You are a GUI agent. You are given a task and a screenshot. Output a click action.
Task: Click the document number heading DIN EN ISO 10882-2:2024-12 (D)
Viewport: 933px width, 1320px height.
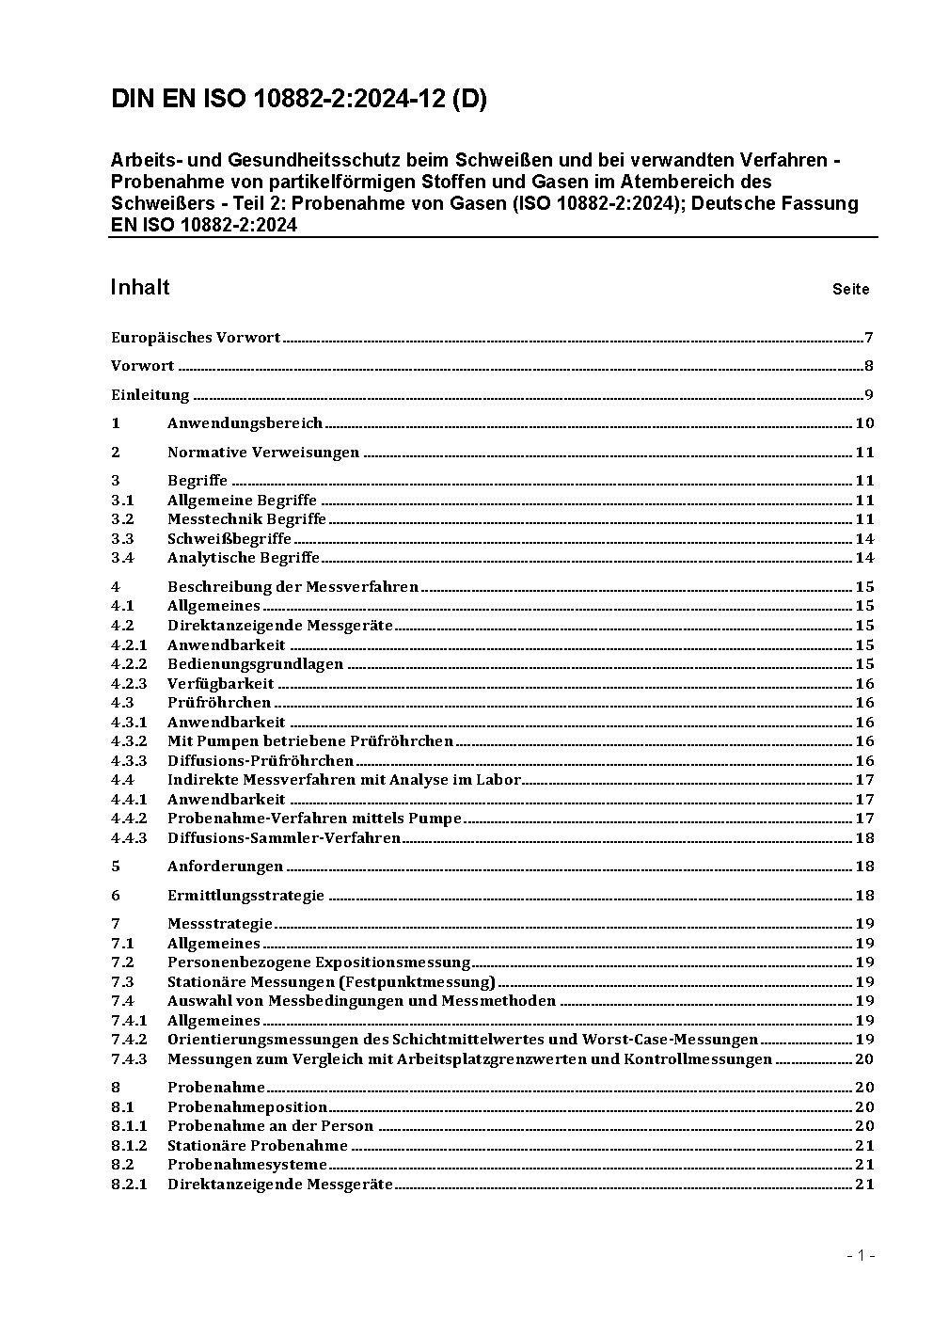pos(298,100)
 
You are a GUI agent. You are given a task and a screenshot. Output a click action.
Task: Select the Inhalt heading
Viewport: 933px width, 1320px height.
pos(140,287)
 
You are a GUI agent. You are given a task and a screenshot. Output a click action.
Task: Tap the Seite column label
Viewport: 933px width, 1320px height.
pos(850,290)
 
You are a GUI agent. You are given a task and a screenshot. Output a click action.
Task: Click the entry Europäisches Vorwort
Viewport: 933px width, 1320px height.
pos(196,338)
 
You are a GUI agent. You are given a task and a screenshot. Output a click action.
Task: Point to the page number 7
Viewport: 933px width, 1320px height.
pos(869,338)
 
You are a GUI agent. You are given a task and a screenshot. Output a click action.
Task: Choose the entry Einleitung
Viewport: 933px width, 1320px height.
pos(150,395)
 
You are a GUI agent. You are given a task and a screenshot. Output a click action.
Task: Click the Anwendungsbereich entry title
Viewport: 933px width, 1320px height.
pos(245,423)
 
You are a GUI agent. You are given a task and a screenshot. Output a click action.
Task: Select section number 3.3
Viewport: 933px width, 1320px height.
pos(122,539)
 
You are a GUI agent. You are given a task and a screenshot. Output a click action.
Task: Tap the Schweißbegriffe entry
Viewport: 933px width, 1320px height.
pos(229,539)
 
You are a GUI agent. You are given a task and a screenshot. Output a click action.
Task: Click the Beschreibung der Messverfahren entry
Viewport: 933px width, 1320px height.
pos(293,587)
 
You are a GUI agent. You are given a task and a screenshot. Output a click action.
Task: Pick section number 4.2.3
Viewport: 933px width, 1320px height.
pos(129,684)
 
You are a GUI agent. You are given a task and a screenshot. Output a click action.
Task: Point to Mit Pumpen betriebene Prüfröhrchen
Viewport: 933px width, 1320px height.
pos(310,741)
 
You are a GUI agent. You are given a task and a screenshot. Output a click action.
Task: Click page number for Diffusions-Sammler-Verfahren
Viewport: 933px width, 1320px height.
pos(864,838)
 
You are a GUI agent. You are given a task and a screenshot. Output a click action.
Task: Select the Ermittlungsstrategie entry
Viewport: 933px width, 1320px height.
pos(245,896)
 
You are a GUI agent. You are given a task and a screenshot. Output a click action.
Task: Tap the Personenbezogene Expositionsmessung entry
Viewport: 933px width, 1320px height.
pos(319,962)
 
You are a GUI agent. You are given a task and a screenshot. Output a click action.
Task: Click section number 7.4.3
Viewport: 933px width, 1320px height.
pos(129,1059)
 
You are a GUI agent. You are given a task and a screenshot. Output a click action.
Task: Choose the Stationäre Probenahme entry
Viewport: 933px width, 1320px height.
pos(258,1146)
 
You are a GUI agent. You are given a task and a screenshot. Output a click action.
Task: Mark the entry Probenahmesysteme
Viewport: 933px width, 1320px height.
pos(247,1165)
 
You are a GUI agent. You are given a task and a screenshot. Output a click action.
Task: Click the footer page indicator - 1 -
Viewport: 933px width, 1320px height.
pos(861,1255)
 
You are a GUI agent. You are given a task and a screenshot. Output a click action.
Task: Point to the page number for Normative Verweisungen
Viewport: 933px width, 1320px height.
pos(864,453)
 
